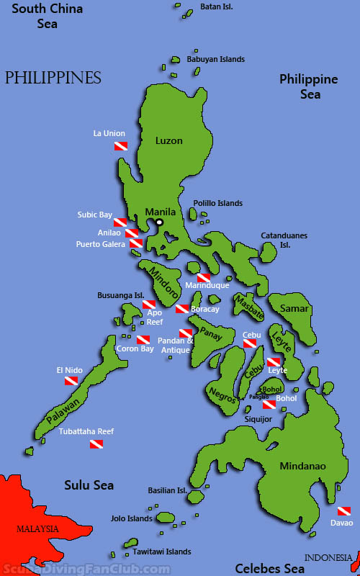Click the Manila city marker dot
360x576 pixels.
coord(160,222)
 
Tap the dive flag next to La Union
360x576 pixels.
coord(121,146)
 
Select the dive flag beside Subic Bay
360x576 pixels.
coord(120,222)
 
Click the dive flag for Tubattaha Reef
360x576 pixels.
coord(96,444)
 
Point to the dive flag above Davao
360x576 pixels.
coord(343,510)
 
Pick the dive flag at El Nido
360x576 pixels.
coord(71,381)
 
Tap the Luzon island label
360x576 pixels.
coord(169,141)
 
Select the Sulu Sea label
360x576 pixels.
coord(89,485)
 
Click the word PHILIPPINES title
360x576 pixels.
coord(53,78)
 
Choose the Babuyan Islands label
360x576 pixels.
coord(215,59)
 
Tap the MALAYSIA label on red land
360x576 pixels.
coord(37,528)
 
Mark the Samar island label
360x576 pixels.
coord(295,309)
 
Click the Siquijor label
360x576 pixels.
coord(258,418)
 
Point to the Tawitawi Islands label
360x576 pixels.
coord(161,552)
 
